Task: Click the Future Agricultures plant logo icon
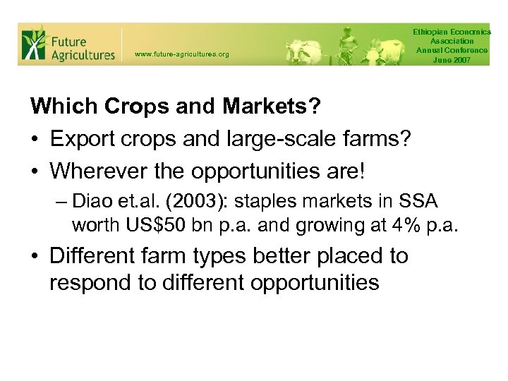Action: (33, 44)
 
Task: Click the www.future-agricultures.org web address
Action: (181, 54)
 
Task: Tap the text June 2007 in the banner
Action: (452, 60)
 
